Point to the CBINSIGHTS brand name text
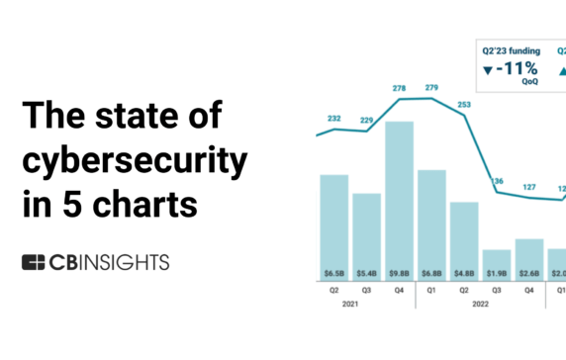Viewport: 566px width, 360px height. pyautogui.click(x=110, y=262)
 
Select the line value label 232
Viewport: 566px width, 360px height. pyautogui.click(x=334, y=119)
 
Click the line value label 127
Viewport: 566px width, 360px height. pyautogui.click(x=529, y=186)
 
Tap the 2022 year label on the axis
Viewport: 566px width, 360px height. pyautogui.click(x=480, y=305)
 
